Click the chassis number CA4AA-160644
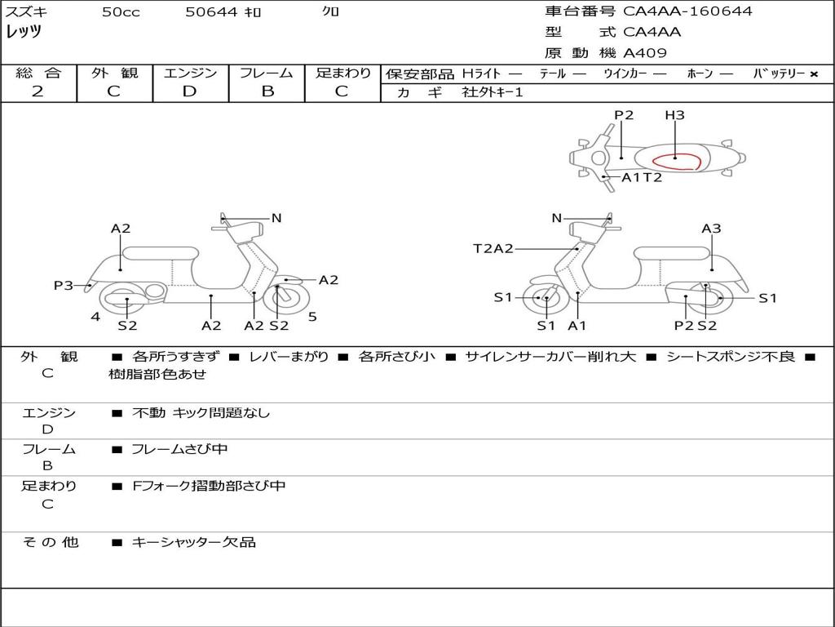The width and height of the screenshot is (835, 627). pos(687,11)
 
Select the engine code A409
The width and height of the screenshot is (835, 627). pos(645,53)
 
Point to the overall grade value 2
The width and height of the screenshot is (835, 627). pos(38,91)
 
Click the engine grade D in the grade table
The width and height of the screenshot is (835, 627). pos(189,91)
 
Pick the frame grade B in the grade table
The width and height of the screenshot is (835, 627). pos(267,91)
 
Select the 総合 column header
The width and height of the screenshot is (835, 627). pos(38,73)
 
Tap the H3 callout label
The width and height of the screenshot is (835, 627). pos(674,115)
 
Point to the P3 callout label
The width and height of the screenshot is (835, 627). pos(64,285)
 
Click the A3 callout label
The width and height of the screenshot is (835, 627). pos(711,229)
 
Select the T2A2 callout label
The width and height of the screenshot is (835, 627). pos(493,248)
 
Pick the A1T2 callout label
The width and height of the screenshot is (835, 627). pos(642,177)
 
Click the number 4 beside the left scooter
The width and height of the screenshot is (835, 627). pos(95,317)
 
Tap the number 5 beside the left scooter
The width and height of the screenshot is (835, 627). pos(312,317)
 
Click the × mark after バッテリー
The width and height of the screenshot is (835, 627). pos(814,73)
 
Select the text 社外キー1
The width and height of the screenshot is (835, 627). pos(493,92)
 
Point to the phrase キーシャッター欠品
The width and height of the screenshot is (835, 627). pos(194,542)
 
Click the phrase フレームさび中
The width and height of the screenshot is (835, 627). pos(180,449)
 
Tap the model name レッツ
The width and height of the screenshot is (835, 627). pos(24,32)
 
